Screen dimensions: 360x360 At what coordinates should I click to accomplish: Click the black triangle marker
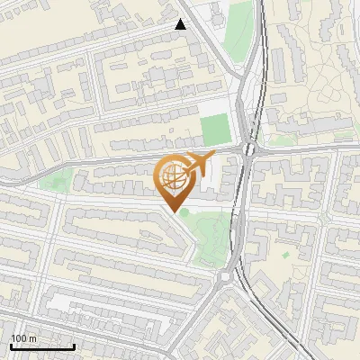pos(181,24)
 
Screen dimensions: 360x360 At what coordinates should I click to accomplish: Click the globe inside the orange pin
pos(173,180)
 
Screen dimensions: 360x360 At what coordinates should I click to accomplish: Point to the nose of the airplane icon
pos(213,157)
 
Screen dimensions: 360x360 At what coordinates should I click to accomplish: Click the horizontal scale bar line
pos(42,346)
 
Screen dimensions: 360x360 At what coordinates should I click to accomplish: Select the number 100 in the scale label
pos(19,339)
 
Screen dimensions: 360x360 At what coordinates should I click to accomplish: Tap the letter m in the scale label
pos(32,339)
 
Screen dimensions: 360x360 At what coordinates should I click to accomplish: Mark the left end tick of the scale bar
pos(11,345)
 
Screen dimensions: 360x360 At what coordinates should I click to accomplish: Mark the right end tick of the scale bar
pos(74,345)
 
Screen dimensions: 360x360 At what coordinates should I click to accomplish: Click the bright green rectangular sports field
pos(216,130)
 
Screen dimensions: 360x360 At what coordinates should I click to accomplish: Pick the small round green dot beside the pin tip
pos(185,213)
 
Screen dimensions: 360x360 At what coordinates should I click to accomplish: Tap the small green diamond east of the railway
pos(286,255)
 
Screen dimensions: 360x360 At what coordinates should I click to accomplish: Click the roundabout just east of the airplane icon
pos(249,147)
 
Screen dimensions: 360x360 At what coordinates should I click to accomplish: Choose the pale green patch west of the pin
pos(56,183)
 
